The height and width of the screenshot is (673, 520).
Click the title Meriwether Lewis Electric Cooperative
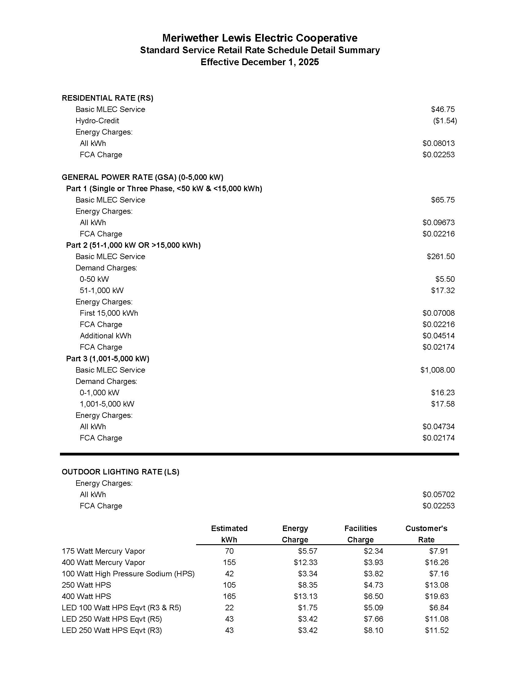pyautogui.click(x=260, y=38)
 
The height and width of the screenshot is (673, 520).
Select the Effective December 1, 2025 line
pyautogui.click(x=260, y=62)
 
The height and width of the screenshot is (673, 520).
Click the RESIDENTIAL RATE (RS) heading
pyautogui.click(x=107, y=98)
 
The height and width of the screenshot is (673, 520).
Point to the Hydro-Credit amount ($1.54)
pyautogui.click(x=445, y=121)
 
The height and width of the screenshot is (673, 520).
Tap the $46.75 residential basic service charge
pyautogui.click(x=443, y=110)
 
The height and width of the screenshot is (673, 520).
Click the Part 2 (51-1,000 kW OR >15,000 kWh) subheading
pyautogui.click(x=133, y=245)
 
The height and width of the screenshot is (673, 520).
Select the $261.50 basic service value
pyautogui.click(x=440, y=257)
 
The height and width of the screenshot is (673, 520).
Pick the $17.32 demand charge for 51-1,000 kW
pyautogui.click(x=443, y=291)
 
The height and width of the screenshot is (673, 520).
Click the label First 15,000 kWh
pyautogui.click(x=109, y=313)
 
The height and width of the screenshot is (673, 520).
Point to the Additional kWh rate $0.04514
pyautogui.click(x=438, y=336)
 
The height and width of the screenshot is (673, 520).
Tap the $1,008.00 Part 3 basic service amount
pyautogui.click(x=437, y=370)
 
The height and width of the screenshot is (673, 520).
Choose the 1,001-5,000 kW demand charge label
pyautogui.click(x=107, y=404)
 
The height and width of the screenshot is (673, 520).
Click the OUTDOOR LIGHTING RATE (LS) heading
pyautogui.click(x=121, y=472)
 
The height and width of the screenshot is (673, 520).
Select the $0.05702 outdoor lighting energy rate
pyautogui.click(x=438, y=495)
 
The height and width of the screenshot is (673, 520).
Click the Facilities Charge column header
pyautogui.click(x=360, y=534)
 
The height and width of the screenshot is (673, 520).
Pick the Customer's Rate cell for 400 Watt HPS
pyautogui.click(x=436, y=597)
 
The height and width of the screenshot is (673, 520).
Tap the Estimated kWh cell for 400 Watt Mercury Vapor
pyautogui.click(x=229, y=563)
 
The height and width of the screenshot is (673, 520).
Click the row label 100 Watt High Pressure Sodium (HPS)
pyautogui.click(x=128, y=574)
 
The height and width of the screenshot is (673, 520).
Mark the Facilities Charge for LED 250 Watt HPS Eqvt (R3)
pyautogui.click(x=373, y=630)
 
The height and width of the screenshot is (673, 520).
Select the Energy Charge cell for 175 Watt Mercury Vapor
pyautogui.click(x=307, y=551)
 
